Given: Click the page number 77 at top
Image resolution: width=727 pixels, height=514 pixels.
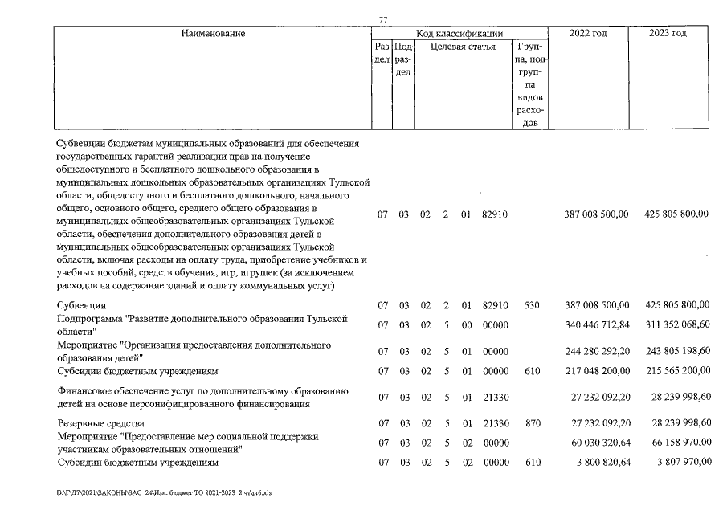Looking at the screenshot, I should pos(382,19).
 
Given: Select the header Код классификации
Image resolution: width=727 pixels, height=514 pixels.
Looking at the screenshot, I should pos(459,34).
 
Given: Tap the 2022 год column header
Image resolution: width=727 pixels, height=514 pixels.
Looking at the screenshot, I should pos(586,34).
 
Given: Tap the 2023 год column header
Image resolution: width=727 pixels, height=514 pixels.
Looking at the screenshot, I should pos(668,34).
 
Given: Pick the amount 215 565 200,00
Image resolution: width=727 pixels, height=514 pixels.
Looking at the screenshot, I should pos(676,371).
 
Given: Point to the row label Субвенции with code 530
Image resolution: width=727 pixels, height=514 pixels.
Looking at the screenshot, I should pos(81,305).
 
